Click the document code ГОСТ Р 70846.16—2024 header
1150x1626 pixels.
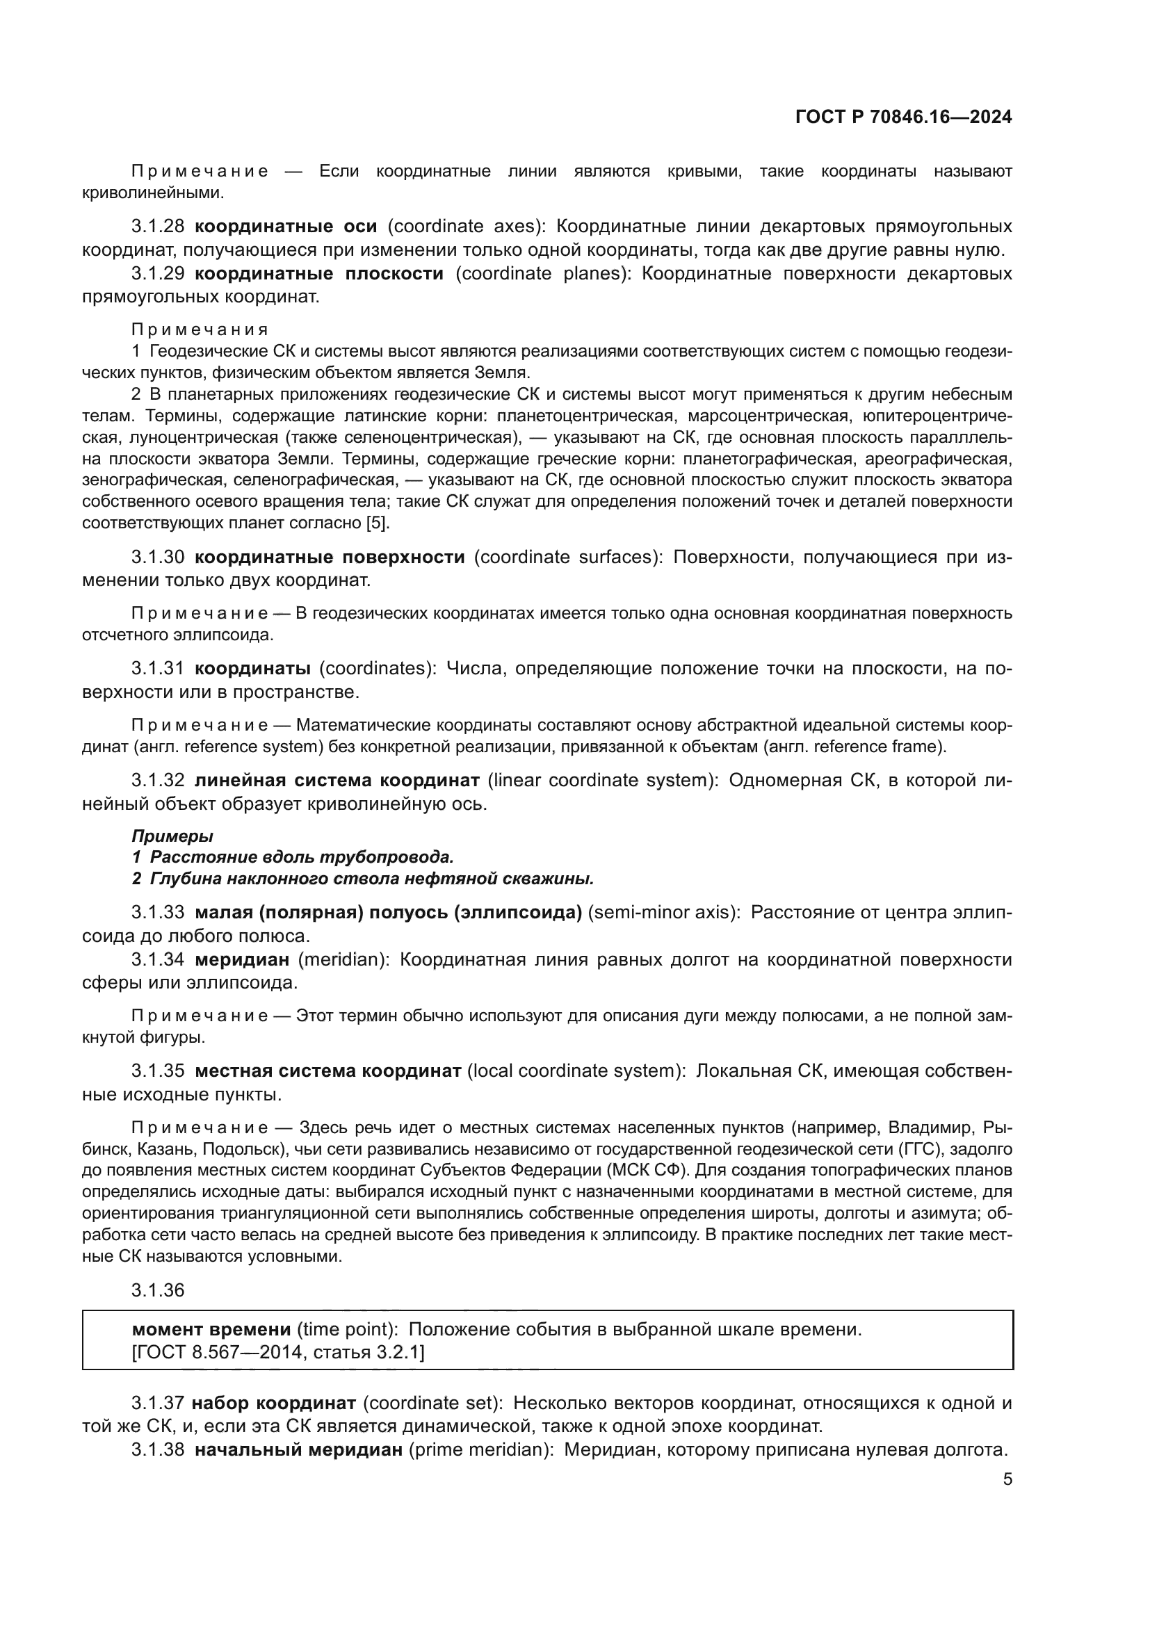tap(903, 117)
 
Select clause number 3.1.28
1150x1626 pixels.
tap(158, 227)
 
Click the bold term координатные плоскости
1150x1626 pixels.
tap(318, 273)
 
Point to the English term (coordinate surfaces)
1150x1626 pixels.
tap(568, 558)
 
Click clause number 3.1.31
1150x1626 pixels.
tap(158, 669)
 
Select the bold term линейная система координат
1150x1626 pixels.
tap(337, 781)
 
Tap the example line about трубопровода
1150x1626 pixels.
tap(293, 858)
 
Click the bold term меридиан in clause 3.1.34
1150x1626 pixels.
tap(242, 959)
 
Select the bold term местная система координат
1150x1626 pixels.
tap(328, 1071)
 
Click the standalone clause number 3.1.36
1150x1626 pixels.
tap(158, 1290)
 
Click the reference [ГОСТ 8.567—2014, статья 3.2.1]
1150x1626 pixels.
tap(278, 1353)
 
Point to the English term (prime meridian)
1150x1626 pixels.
tap(482, 1449)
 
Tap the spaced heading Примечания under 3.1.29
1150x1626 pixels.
tap(200, 330)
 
